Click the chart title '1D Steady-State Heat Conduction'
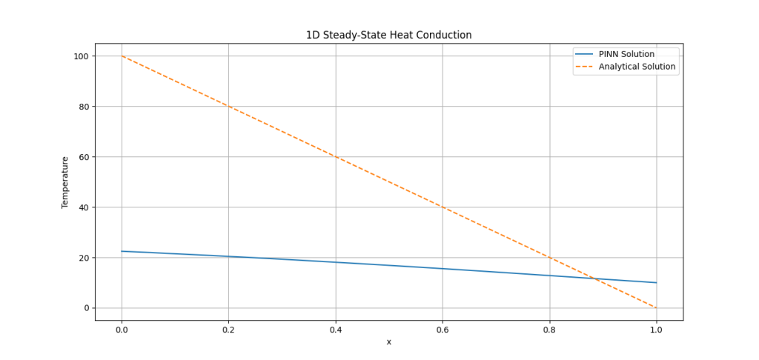388,35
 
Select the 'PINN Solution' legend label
626,54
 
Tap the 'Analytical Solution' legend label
637,67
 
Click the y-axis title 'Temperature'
64,181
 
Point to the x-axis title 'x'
388,341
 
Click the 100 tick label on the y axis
81,56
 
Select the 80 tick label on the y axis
83,107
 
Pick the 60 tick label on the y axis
83,157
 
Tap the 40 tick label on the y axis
83,207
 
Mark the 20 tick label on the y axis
83,258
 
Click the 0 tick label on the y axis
86,308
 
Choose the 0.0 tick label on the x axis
122,329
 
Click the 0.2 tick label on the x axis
228,329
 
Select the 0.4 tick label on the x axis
336,329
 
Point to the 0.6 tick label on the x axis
443,329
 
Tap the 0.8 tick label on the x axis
549,329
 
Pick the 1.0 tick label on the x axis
657,329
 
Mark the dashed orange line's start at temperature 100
122,56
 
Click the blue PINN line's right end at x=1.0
657,282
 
